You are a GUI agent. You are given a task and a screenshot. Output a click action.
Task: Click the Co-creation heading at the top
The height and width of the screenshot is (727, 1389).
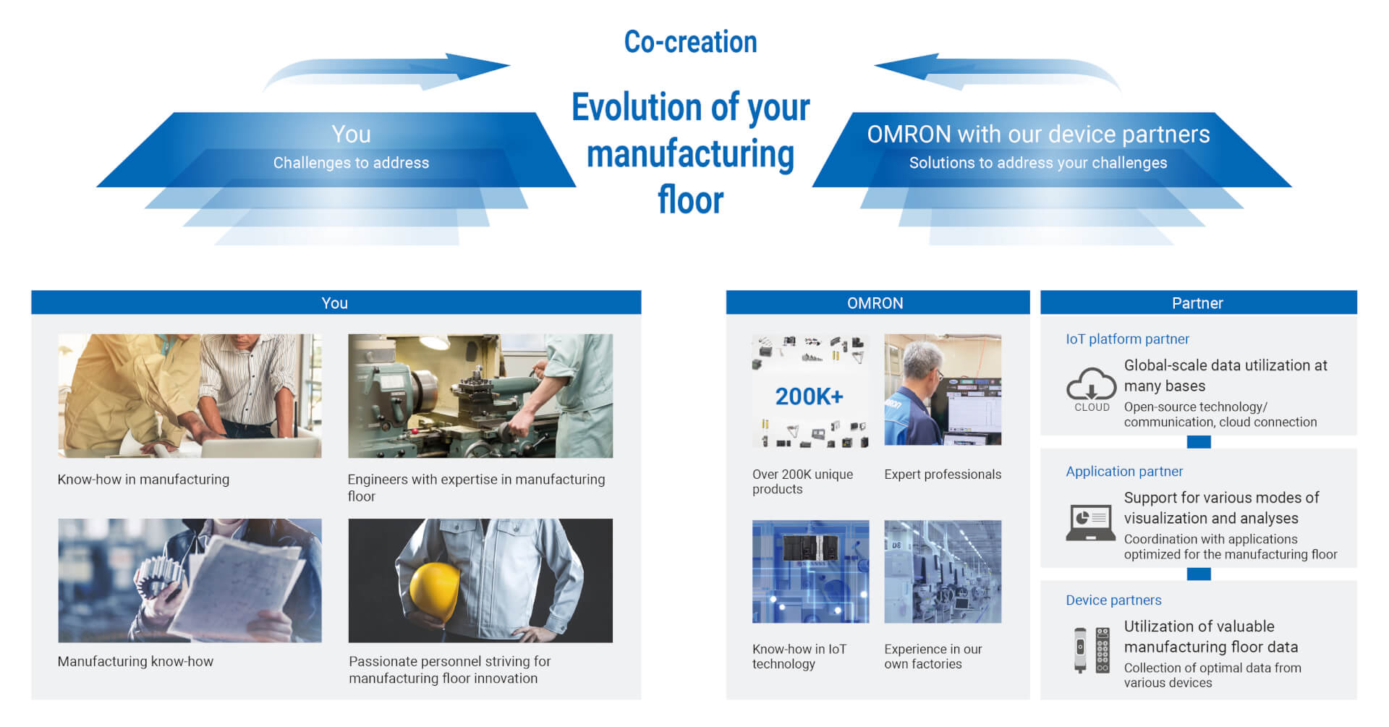690,42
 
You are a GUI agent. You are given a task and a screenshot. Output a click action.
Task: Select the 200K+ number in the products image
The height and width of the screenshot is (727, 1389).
809,396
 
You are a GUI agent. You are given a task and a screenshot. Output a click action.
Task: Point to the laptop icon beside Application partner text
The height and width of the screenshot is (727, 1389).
1091,522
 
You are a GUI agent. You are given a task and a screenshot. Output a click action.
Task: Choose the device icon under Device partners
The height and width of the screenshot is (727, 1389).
1092,650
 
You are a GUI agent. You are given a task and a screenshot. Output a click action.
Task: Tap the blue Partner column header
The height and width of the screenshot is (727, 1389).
1198,302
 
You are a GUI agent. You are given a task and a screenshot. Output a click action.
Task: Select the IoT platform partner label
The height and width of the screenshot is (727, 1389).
1127,339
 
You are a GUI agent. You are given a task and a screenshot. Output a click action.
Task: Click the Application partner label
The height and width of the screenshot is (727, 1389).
1124,471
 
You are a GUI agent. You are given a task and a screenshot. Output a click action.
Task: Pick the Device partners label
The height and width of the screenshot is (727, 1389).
1113,600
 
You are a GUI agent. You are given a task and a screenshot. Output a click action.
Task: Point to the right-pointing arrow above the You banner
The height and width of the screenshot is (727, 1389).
387,72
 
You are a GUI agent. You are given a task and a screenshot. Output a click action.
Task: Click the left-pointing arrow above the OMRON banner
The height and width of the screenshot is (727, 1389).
998,72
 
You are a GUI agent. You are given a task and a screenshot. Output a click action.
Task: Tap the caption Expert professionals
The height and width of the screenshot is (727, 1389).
943,475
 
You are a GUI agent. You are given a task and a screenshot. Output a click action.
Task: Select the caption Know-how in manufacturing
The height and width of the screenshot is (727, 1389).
143,479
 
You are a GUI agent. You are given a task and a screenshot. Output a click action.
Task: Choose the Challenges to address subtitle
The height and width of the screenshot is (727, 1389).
351,163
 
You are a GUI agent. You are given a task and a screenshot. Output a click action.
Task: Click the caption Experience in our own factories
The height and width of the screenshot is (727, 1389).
933,656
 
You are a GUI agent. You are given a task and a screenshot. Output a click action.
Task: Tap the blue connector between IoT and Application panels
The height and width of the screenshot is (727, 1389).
1199,442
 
